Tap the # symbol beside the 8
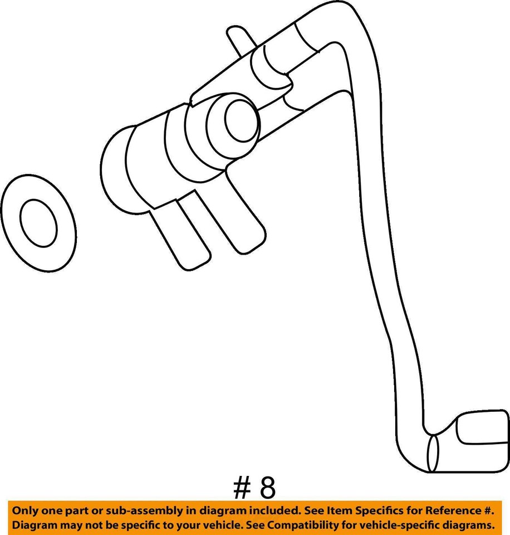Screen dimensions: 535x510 pyautogui.click(x=242, y=488)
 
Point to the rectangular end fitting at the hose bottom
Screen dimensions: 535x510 pyautogui.click(x=482, y=431)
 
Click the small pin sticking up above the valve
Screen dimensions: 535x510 pyautogui.click(x=236, y=41)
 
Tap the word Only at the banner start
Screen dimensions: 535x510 pyautogui.click(x=25, y=510)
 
